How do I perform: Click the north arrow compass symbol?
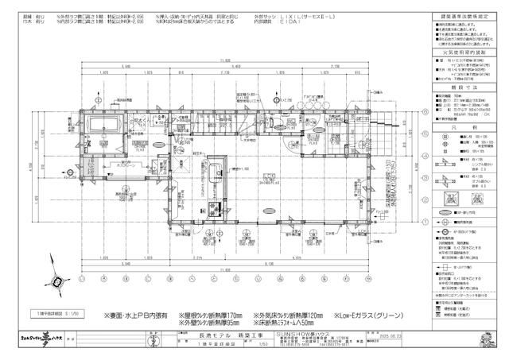55,282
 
